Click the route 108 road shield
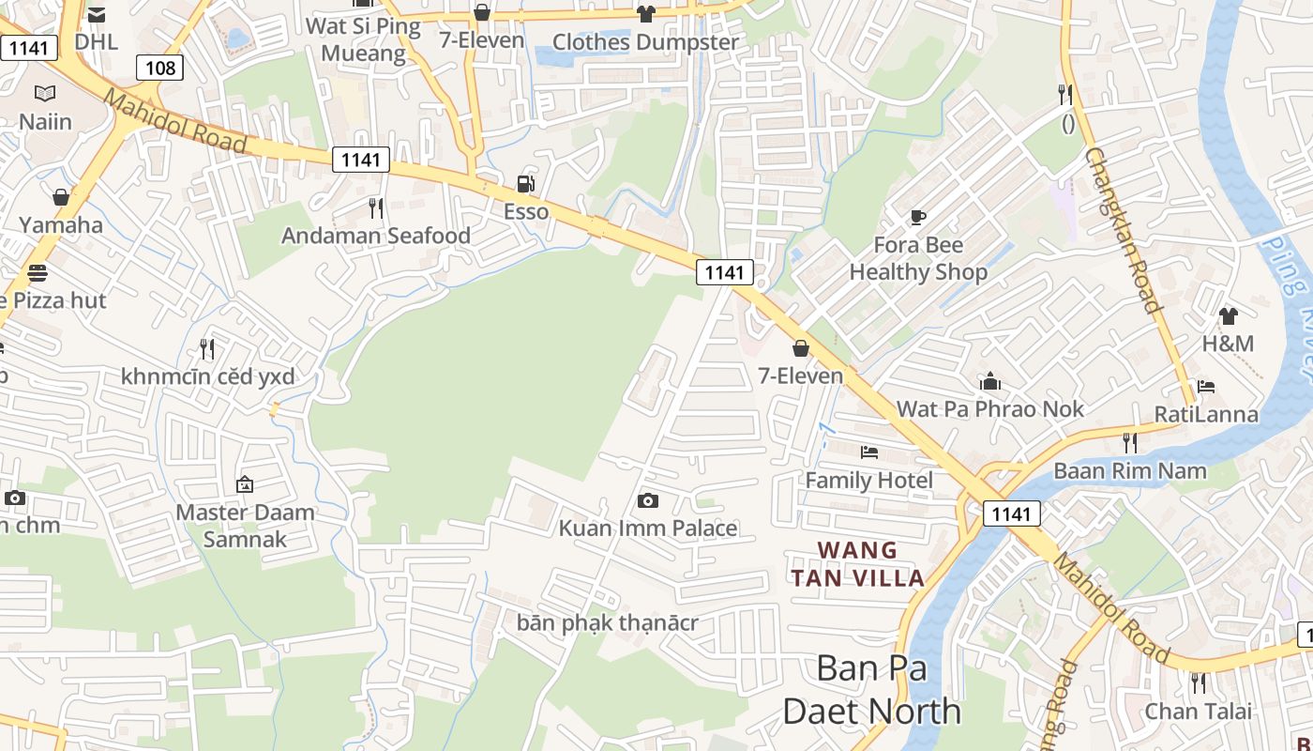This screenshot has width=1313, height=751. click(159, 68)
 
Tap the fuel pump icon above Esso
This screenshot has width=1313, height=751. click(526, 184)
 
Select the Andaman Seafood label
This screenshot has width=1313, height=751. click(376, 236)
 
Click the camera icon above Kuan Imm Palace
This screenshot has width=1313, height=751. click(647, 500)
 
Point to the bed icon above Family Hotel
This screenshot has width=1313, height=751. click(869, 452)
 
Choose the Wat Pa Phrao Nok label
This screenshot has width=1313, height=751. click(990, 409)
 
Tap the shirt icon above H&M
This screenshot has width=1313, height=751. click(1229, 316)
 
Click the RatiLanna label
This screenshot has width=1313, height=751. click(1206, 414)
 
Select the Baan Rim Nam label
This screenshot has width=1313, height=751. click(1130, 470)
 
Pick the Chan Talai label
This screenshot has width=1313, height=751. click(1198, 711)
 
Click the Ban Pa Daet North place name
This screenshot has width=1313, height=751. click(872, 690)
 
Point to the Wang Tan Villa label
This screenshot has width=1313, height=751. click(858, 564)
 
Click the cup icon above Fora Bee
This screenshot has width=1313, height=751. click(918, 218)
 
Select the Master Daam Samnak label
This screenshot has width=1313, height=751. click(245, 526)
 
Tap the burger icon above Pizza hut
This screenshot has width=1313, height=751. click(38, 273)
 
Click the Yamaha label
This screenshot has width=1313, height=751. click(61, 224)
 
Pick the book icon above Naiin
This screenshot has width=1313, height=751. click(45, 93)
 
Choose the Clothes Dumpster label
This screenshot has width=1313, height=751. click(645, 42)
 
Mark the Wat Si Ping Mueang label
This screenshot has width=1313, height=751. click(363, 39)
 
